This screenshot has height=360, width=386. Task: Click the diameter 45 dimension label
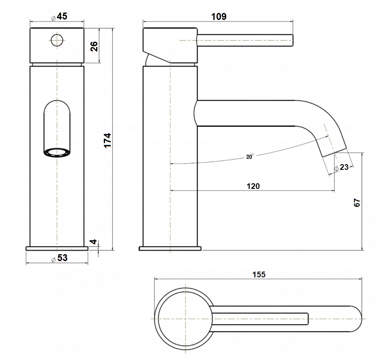(x=59, y=17)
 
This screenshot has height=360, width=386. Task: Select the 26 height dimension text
(x=94, y=46)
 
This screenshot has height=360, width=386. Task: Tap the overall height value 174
(x=107, y=141)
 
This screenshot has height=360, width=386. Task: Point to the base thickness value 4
(x=93, y=242)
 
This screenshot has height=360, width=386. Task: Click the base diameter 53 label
(x=59, y=258)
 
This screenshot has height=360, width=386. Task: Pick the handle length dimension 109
(x=219, y=17)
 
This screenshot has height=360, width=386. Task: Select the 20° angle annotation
(x=250, y=156)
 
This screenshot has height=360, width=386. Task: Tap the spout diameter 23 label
(x=341, y=167)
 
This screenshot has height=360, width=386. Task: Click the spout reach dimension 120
(x=253, y=186)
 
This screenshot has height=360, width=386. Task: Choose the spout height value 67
(x=357, y=203)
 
